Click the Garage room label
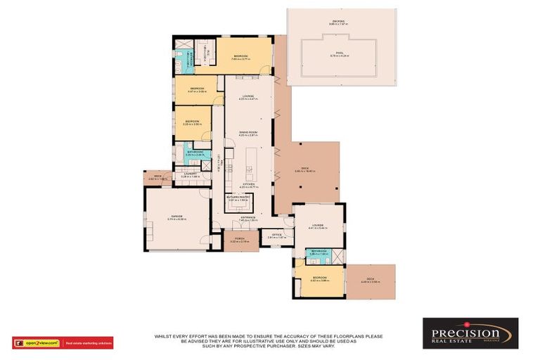tap(176, 217)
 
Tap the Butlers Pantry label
tap(239, 198)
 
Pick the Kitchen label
tap(249, 185)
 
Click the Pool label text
tap(340, 53)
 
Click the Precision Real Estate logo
tap(470, 333)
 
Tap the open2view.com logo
tap(37, 343)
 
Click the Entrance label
tap(249, 218)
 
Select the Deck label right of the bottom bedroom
tap(370, 280)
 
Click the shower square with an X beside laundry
tap(206, 166)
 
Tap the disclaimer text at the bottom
tap(270, 340)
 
